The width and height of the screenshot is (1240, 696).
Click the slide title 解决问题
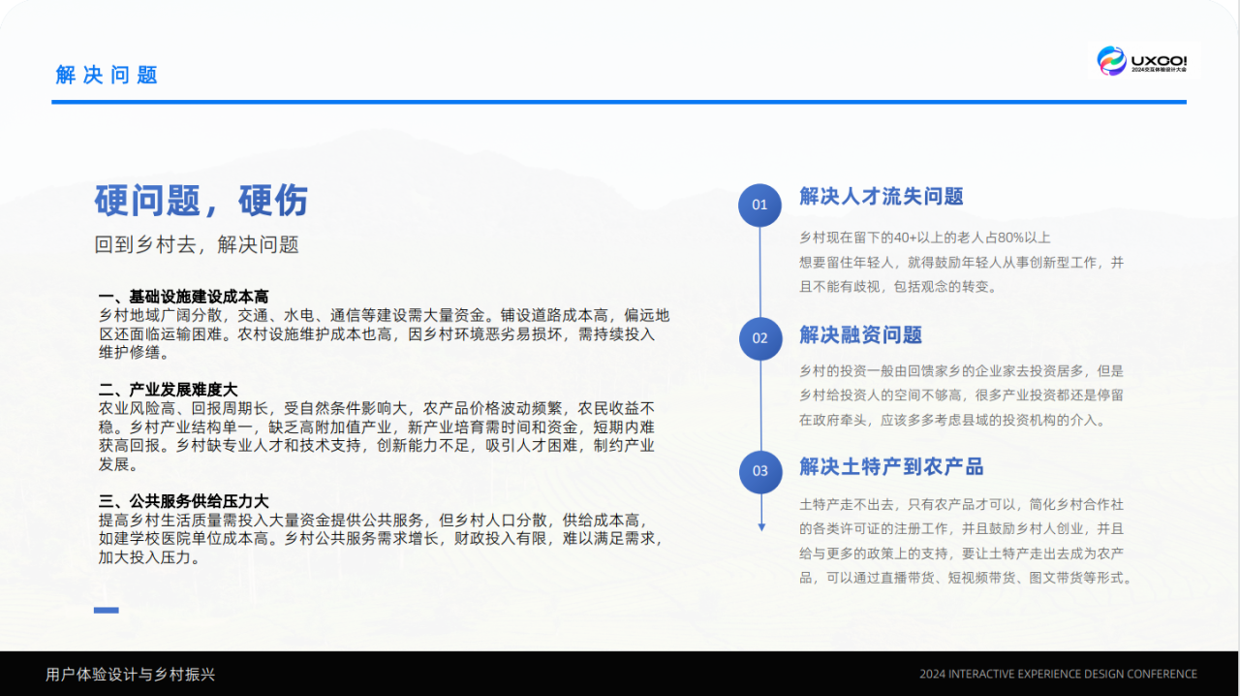pos(107,75)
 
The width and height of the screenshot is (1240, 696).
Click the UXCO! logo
pos(1142,61)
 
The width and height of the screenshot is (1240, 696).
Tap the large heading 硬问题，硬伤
pos(201,200)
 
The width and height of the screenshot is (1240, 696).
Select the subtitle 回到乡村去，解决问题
pos(197,244)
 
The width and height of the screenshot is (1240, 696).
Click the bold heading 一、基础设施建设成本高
pos(183,297)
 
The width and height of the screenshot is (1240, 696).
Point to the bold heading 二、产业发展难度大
pos(168,390)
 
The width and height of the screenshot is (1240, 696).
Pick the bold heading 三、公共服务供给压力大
pos(183,501)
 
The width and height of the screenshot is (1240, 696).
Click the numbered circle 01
pos(759,206)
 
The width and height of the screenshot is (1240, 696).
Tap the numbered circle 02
pos(760,338)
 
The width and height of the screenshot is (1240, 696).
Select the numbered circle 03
pos(760,472)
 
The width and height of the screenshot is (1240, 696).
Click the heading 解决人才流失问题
pos(882,197)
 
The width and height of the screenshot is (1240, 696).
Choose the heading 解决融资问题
pos(861,335)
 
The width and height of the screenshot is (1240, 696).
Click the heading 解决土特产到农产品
pos(891,467)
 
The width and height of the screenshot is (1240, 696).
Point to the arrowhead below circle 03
pos(761,527)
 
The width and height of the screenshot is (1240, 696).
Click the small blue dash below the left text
pos(107,610)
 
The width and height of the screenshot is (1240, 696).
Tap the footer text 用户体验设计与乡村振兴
pos(130,675)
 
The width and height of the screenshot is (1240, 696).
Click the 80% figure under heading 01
pos(1009,237)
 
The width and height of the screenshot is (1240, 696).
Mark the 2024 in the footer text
pos(933,675)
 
